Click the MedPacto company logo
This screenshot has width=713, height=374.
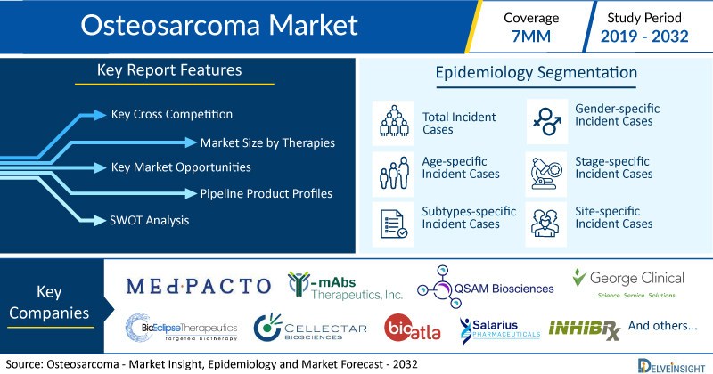pos(198,286)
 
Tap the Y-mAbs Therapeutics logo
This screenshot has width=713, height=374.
pos(345,286)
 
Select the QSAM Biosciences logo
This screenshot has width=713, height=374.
pos(485,287)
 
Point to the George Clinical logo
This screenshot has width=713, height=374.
pos(628,283)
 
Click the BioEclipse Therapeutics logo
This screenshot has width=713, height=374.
pos(182,327)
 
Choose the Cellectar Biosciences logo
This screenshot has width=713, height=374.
pos(310,327)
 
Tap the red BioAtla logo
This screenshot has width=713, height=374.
pos(413,328)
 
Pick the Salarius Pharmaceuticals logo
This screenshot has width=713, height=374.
pos(500,330)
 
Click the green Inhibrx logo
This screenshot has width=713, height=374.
pos(585,329)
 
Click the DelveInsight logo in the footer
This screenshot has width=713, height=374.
pos(671,366)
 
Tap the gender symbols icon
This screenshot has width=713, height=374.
pos(547,121)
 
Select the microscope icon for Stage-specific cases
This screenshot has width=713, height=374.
pos(546,174)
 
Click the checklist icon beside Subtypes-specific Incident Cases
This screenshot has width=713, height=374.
pos(393,224)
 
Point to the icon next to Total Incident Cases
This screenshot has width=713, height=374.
pos(394,121)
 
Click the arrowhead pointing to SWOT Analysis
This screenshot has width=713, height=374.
pos(100,221)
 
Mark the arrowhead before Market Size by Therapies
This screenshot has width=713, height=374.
pos(191,142)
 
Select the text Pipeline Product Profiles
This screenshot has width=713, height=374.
pos(266,193)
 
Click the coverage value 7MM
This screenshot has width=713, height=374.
pos(531,37)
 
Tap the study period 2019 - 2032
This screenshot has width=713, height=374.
pos(644,37)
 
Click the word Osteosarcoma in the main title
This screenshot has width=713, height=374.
pos(170,25)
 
